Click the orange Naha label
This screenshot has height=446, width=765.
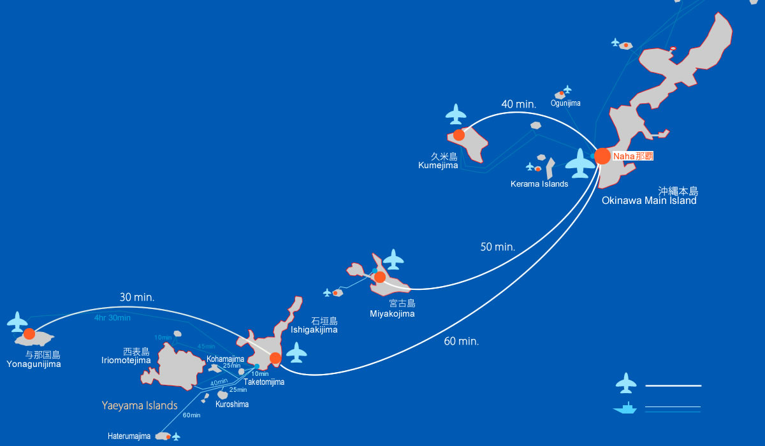tap(632, 155)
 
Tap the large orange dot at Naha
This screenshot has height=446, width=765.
tap(602, 156)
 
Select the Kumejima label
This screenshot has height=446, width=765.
tap(438, 165)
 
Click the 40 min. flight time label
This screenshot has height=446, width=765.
tap(518, 104)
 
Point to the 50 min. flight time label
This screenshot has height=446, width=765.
tap(497, 247)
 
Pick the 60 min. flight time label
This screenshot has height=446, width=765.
tap(461, 342)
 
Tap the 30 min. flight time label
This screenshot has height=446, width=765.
tap(137, 297)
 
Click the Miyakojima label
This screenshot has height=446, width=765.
tap(392, 313)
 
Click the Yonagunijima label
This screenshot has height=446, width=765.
tap(34, 364)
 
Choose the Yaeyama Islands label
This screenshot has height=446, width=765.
tap(140, 405)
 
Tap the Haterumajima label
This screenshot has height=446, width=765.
tap(129, 436)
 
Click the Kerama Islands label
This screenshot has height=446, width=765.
tap(539, 184)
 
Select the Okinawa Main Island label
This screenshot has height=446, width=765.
tap(649, 201)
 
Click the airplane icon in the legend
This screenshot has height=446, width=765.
tap(626, 383)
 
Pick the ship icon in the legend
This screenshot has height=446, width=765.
tap(625, 408)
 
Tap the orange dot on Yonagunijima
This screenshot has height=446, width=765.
tap(29, 334)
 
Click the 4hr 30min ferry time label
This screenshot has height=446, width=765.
tap(112, 318)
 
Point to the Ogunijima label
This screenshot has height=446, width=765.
tap(566, 103)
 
